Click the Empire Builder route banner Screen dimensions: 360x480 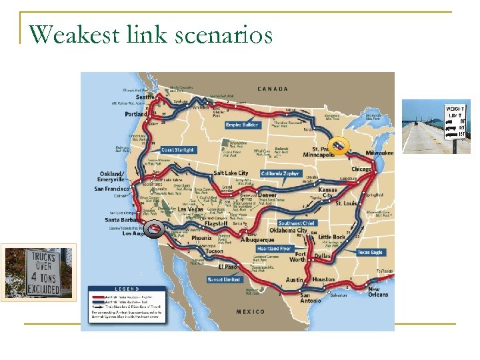pos(242,123)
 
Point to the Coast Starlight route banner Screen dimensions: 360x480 pos(178,150)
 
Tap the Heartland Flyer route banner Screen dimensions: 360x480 pos(274,249)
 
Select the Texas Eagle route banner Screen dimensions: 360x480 pos(369,253)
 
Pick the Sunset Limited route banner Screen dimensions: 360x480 pos(223,279)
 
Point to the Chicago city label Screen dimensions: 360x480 pos(362,169)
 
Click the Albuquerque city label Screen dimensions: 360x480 pos(258,240)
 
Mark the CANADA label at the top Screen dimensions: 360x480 pos(273,89)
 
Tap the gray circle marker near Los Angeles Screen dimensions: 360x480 pos(155,229)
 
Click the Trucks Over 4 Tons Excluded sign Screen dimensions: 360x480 pos(41,273)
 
